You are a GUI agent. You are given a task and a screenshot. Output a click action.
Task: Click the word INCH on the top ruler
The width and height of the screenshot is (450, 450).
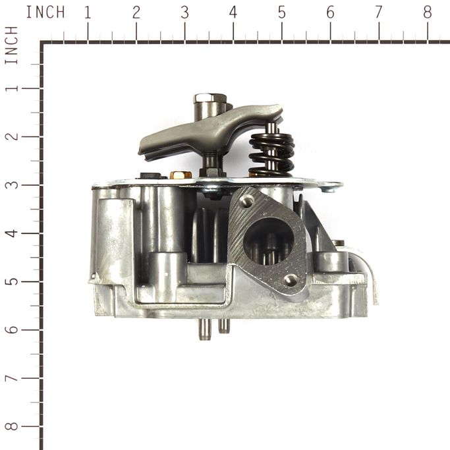tap(45, 13)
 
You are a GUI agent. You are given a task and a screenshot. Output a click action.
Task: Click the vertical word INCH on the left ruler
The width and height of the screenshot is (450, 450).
tap(12, 45)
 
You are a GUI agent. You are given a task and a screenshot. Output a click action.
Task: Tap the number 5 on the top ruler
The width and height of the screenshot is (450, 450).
tap(282, 13)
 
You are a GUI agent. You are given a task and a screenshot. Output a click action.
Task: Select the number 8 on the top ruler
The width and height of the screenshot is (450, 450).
tap(428, 13)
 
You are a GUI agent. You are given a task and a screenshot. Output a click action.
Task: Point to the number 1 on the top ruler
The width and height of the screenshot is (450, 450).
tap(88, 13)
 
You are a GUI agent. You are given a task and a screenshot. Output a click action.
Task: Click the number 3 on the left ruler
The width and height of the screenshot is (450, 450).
tap(12, 184)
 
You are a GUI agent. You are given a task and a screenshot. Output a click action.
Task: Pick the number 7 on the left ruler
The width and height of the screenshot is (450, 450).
tap(12, 378)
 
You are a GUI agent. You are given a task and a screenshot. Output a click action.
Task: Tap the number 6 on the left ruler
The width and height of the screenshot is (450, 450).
tap(12, 329)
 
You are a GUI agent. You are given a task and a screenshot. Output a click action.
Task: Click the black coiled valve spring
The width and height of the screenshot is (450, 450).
tap(272, 155)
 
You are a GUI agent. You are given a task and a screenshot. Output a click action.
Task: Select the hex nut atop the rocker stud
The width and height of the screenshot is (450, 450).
tap(210, 99)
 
